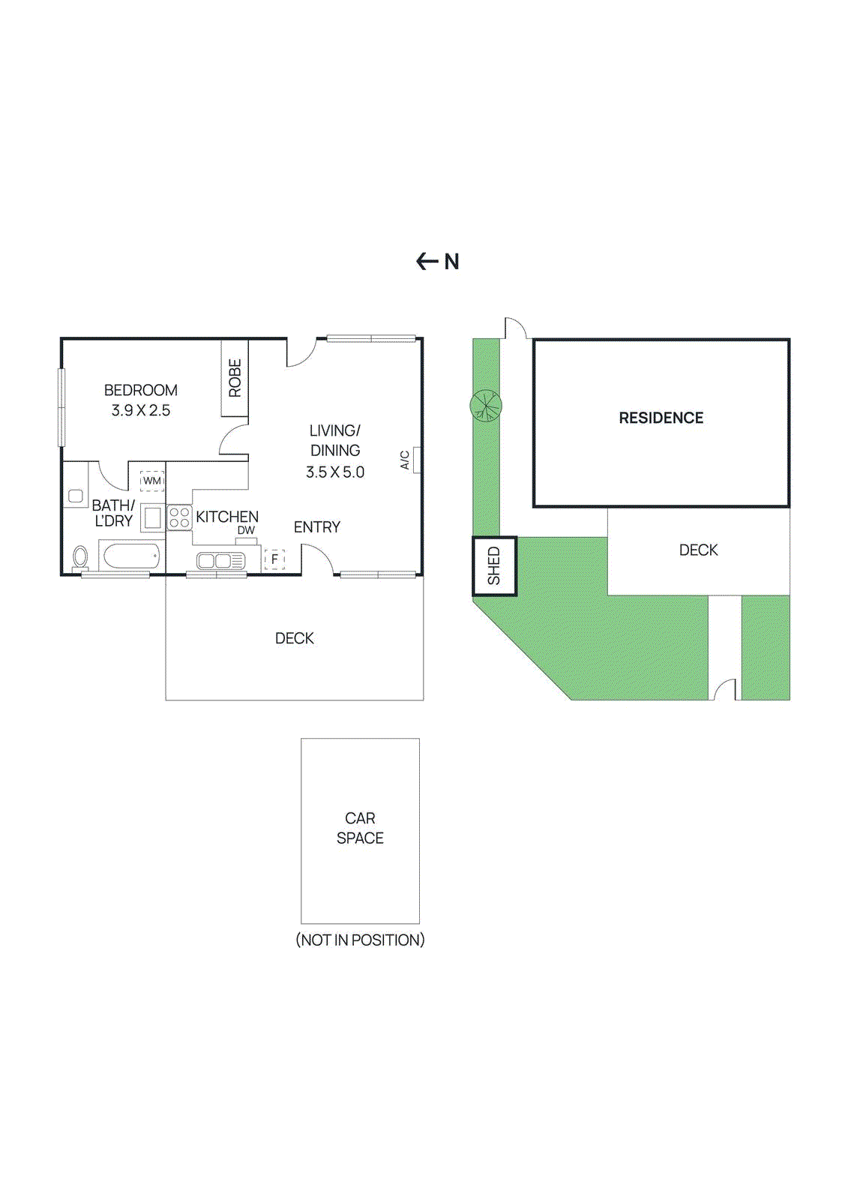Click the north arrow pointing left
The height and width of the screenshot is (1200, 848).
pyautogui.click(x=427, y=261)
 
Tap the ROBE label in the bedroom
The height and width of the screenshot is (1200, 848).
pyautogui.click(x=235, y=378)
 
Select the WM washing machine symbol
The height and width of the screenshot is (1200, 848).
pyautogui.click(x=152, y=481)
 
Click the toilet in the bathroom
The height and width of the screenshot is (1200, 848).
pyautogui.click(x=80, y=557)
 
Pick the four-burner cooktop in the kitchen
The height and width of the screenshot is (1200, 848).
pyautogui.click(x=179, y=517)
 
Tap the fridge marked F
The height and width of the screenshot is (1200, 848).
pyautogui.click(x=274, y=559)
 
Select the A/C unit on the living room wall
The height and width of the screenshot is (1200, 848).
pyautogui.click(x=416, y=459)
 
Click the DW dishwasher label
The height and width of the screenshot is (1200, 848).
pyautogui.click(x=246, y=530)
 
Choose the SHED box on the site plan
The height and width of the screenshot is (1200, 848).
pyautogui.click(x=494, y=566)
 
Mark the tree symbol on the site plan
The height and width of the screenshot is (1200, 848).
pyautogui.click(x=486, y=406)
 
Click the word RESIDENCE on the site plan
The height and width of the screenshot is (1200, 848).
pyautogui.click(x=661, y=418)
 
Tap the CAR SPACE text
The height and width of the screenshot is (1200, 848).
pyautogui.click(x=360, y=828)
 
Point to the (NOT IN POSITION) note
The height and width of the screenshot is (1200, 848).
pyautogui.click(x=360, y=940)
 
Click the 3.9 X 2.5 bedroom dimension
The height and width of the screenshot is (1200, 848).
pyautogui.click(x=141, y=410)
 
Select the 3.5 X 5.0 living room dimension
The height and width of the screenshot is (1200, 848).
pyautogui.click(x=335, y=472)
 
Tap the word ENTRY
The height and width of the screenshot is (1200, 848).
pyautogui.click(x=316, y=527)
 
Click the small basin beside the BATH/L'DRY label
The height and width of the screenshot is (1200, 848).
pyautogui.click(x=76, y=496)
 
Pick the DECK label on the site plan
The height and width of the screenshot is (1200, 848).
pyautogui.click(x=698, y=550)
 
